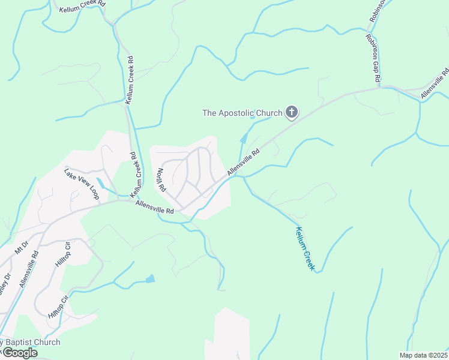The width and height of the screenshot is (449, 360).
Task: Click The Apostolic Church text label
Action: point(242,113)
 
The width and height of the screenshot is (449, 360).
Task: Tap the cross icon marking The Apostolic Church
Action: point(292,112)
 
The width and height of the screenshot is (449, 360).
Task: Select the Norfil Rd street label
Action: point(161,180)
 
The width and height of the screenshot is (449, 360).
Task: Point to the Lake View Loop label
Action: point(82,184)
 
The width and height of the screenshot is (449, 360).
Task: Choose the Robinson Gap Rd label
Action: point(373,58)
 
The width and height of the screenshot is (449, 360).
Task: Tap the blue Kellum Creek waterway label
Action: point(306,247)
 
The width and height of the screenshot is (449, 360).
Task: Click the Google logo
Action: point(19,353)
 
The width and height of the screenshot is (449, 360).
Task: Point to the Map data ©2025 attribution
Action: point(423,355)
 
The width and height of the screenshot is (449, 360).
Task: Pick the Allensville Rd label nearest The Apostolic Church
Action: point(243,163)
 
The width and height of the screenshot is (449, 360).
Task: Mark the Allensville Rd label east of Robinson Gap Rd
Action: point(434,83)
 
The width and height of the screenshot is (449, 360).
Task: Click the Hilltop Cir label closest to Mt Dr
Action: point(63,256)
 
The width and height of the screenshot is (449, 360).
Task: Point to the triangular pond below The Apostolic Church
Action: point(243,139)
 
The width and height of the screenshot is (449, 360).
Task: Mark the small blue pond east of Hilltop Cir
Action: point(149,279)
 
